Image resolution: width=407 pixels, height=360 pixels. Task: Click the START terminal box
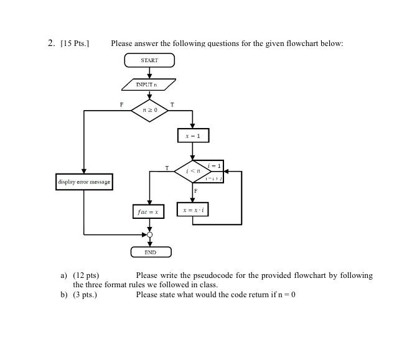(x=149, y=60)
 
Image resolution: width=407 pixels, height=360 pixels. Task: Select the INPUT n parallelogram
(x=149, y=84)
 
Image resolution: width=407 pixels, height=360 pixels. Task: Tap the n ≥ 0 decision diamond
(x=149, y=110)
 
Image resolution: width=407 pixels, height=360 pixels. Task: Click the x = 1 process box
(x=192, y=136)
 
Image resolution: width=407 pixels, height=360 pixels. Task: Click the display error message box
(x=84, y=182)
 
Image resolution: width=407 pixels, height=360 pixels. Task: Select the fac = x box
(x=148, y=212)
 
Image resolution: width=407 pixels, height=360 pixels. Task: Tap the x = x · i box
(x=192, y=210)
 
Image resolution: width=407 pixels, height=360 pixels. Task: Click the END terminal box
(x=150, y=252)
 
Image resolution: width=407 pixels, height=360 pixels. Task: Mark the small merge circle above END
(x=149, y=234)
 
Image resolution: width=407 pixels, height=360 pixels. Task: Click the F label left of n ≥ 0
(x=122, y=104)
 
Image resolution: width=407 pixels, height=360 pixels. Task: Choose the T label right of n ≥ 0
(x=172, y=104)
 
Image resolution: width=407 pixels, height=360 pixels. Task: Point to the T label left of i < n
(x=166, y=168)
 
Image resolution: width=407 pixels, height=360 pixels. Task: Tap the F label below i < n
(x=196, y=190)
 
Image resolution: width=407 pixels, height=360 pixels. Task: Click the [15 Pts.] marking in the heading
(x=75, y=44)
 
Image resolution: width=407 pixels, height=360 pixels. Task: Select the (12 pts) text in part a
(x=86, y=275)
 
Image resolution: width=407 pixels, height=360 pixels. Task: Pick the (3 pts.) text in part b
(x=85, y=294)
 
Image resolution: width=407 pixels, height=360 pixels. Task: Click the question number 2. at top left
(x=52, y=43)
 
